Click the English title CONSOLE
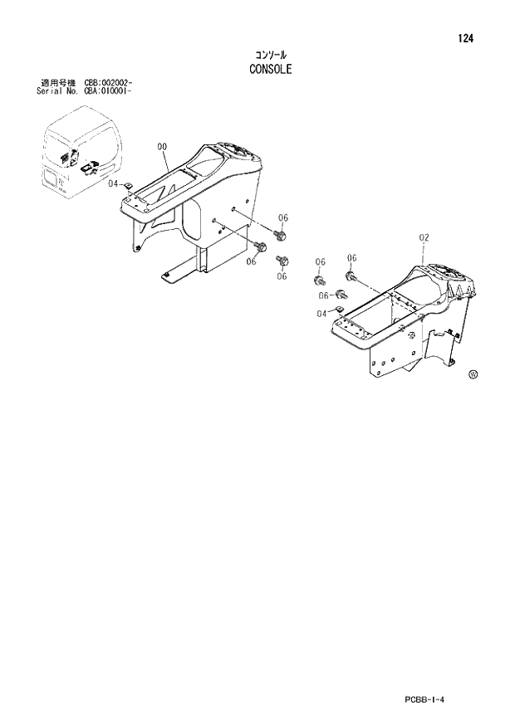point(270,70)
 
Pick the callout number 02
point(424,237)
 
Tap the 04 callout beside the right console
point(321,313)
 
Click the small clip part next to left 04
point(128,187)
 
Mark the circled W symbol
point(473,373)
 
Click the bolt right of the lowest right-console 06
point(340,295)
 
